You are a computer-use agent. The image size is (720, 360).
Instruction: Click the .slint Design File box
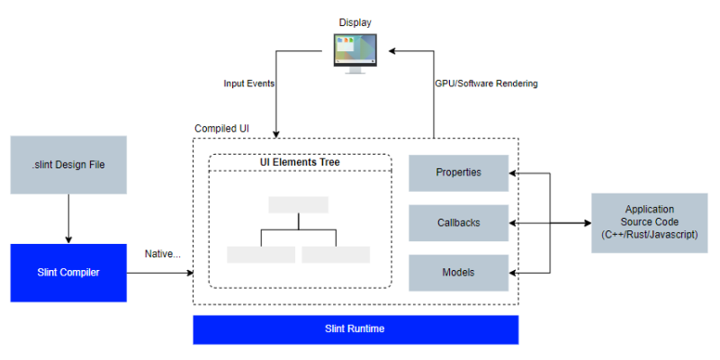pyautogui.click(x=68, y=165)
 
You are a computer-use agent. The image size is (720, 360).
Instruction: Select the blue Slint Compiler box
pyautogui.click(x=68, y=272)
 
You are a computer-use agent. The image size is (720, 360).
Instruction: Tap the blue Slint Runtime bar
pyautogui.click(x=355, y=329)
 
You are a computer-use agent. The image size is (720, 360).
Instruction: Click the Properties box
pyautogui.click(x=458, y=173)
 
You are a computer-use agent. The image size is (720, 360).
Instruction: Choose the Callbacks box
pyautogui.click(x=458, y=222)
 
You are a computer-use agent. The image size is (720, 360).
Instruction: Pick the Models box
pyautogui.click(x=458, y=273)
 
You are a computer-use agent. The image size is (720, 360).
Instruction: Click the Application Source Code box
pyautogui.click(x=648, y=221)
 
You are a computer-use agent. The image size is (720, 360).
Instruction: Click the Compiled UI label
pyautogui.click(x=222, y=129)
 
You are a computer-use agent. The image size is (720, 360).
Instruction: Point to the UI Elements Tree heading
pyautogui.click(x=300, y=162)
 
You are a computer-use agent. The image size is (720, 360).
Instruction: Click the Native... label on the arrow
pyautogui.click(x=162, y=254)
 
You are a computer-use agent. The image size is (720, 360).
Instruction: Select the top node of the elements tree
pyautogui.click(x=298, y=204)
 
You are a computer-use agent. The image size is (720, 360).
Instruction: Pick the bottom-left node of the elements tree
pyautogui.click(x=261, y=254)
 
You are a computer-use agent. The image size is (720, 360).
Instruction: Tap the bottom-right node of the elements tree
pyautogui.click(x=336, y=254)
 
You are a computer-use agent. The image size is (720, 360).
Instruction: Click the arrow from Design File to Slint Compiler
pyautogui.click(x=68, y=219)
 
